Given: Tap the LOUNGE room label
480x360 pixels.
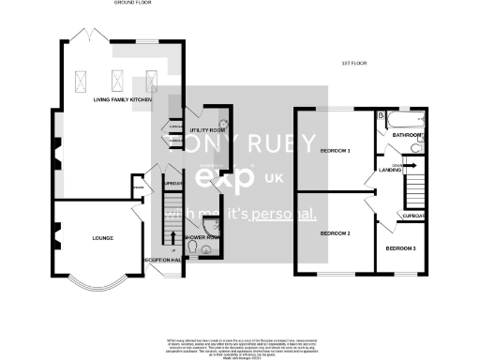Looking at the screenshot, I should coord(103,237).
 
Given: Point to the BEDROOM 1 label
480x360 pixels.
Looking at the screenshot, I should coord(336,151).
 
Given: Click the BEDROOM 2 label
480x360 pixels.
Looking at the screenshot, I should coord(336,232).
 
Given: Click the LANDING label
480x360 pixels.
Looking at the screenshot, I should coord(391,170).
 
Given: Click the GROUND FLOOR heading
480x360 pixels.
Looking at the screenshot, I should coord(133,4).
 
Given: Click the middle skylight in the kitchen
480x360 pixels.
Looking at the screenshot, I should coord(119,80).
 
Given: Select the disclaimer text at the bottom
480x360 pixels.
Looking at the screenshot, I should coord(240,343).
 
